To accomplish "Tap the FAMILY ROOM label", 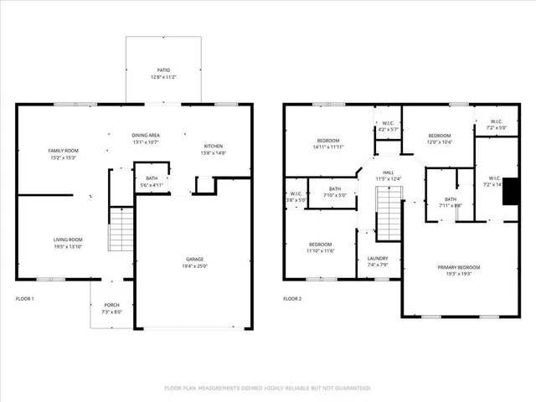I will (x=63, y=150).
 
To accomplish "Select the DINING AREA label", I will (x=146, y=135).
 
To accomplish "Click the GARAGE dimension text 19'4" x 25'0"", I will (x=194, y=266).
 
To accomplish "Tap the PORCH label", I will (x=112, y=305).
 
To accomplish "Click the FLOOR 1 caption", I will (x=25, y=299).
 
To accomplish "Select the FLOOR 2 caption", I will (x=292, y=299).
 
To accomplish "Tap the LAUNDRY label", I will (x=378, y=258).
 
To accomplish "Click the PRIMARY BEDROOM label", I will (x=464, y=267).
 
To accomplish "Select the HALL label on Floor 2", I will (x=388, y=172).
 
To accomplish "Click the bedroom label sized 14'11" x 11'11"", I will (x=327, y=140).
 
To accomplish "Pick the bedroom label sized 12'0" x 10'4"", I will (x=440, y=136).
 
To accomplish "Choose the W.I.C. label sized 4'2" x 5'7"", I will (x=386, y=123).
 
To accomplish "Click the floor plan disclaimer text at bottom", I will (x=267, y=388).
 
